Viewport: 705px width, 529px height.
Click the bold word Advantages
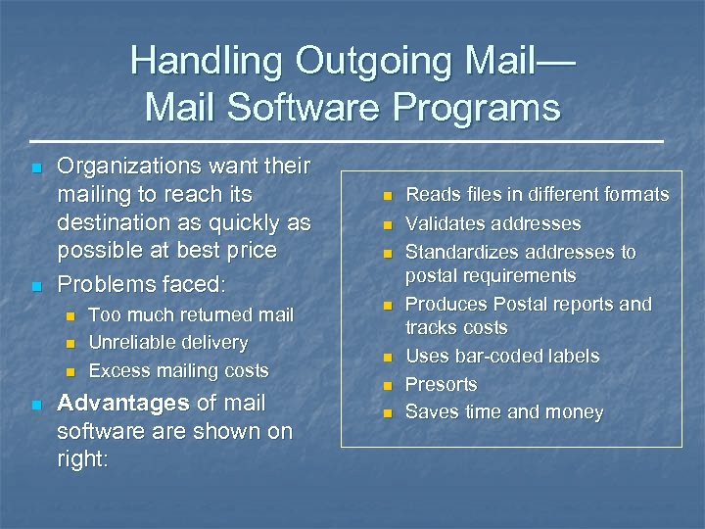pyautogui.click(x=123, y=403)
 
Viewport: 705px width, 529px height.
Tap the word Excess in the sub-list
pyautogui.click(x=117, y=370)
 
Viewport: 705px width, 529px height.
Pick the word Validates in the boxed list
pyautogui.click(x=443, y=224)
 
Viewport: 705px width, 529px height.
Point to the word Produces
pyautogui.click(x=446, y=304)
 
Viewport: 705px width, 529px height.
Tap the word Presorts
pyautogui.click(x=441, y=384)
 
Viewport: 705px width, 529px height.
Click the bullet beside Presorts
pyautogui.click(x=387, y=385)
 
